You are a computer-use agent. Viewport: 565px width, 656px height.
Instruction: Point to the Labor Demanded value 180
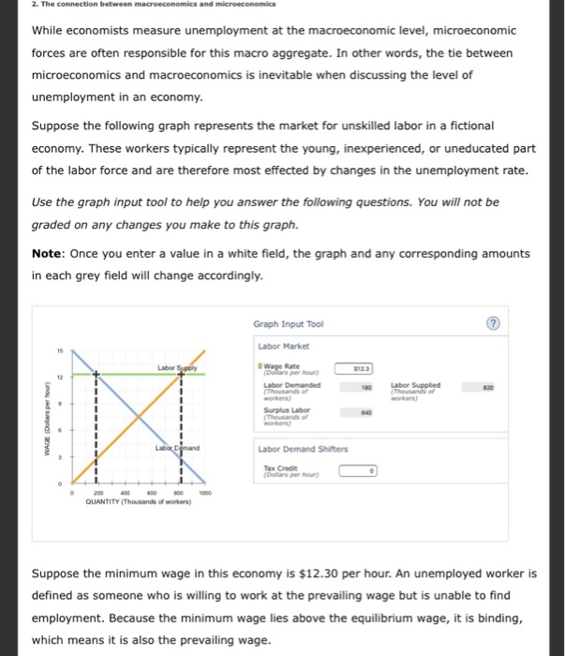pos(367,385)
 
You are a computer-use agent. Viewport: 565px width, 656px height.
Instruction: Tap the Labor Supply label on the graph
pos(175,368)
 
